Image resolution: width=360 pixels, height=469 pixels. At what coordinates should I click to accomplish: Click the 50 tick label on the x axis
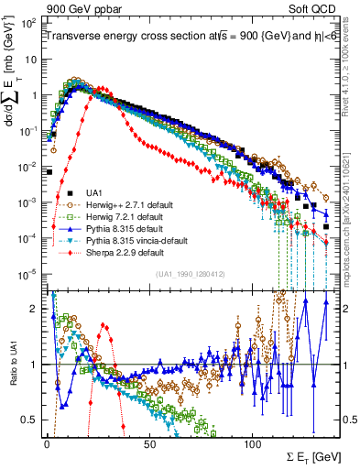(149, 442)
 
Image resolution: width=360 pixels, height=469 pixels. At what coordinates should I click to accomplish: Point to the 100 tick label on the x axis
(252, 442)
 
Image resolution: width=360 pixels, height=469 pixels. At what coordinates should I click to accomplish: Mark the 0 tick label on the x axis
(47, 442)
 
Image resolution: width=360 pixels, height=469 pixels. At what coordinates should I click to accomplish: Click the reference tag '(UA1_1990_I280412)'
(190, 274)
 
